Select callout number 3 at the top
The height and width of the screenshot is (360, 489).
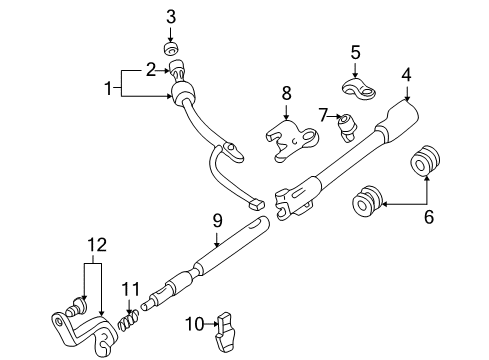point(170,16)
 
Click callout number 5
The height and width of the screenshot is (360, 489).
point(354,51)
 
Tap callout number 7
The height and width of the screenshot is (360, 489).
point(322,114)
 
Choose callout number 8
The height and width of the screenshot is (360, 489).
point(286,94)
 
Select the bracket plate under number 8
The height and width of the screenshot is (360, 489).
point(289,142)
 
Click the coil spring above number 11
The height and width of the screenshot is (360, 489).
point(125,323)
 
